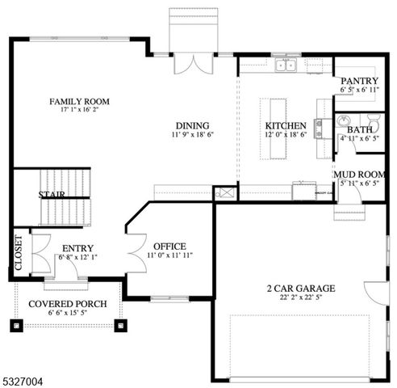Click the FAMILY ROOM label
point(78,101)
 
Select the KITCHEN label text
point(286,125)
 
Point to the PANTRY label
point(361,81)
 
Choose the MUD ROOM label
point(361,174)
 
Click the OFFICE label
point(169,247)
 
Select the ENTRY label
point(77,248)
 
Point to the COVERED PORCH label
point(65,304)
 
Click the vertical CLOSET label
point(19,252)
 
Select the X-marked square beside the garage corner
point(224,193)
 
